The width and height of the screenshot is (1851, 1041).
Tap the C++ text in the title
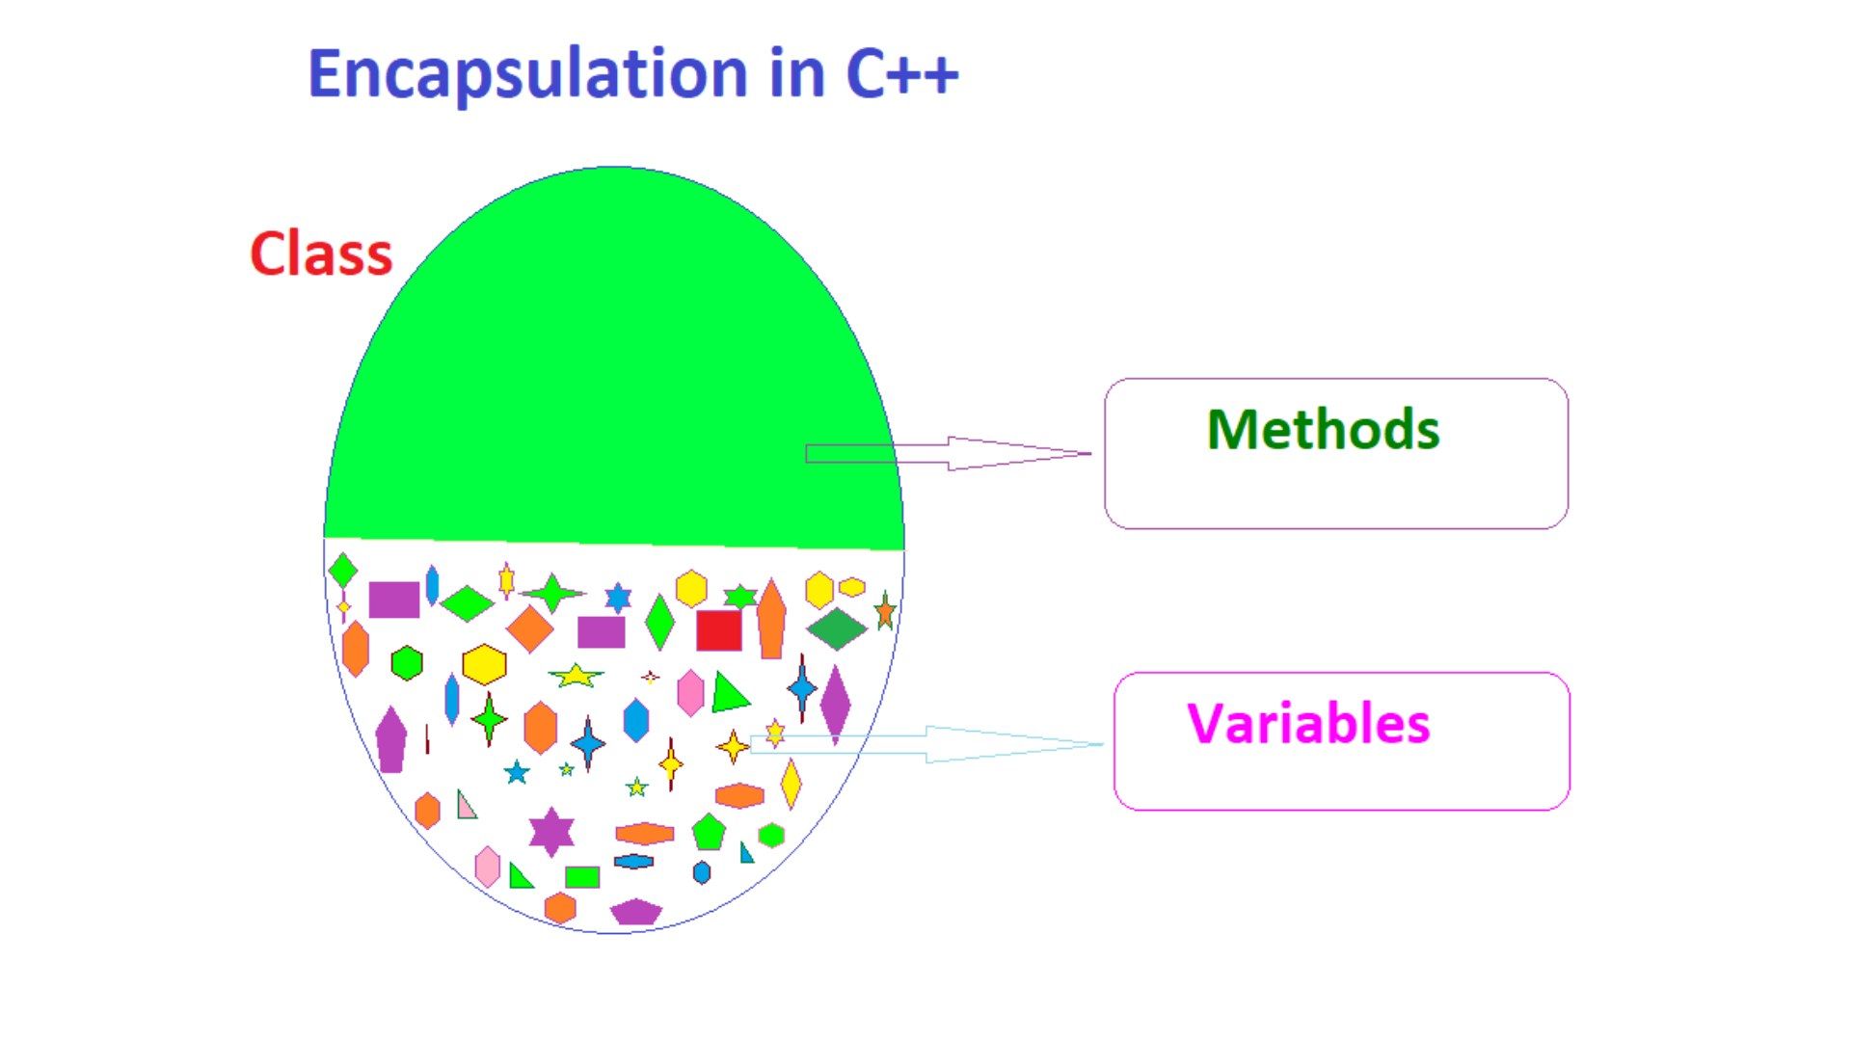(902, 73)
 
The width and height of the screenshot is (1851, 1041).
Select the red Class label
(321, 254)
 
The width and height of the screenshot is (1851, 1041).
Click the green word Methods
(1323, 429)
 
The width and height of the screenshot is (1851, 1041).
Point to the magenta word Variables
(1308, 723)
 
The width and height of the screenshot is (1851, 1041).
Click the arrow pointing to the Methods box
(949, 453)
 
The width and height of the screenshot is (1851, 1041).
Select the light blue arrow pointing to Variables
(926, 744)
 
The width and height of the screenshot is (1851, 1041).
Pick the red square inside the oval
(719, 630)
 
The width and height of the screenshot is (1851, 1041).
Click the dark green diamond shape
(837, 628)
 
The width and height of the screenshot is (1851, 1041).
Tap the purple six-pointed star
(551, 832)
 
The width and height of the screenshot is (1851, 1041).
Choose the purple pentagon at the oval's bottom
(636, 912)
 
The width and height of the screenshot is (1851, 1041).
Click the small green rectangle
(582, 877)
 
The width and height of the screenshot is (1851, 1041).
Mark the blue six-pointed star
(618, 598)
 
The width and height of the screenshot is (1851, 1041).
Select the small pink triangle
(466, 805)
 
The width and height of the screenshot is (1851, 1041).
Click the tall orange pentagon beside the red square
(771, 619)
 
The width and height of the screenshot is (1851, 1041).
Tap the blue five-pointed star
(517, 772)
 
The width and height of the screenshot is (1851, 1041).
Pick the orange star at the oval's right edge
(885, 611)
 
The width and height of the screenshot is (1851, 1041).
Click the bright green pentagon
(709, 832)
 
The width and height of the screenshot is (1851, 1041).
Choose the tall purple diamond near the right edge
(835, 704)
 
